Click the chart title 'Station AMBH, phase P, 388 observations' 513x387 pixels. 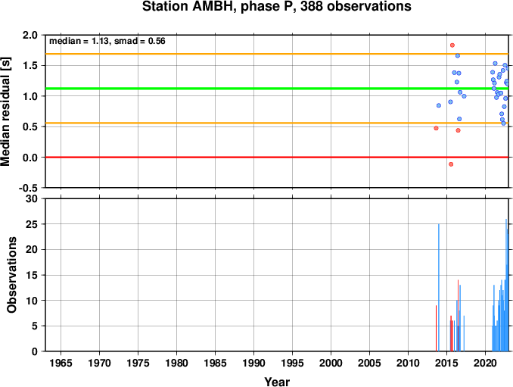(x=276, y=7)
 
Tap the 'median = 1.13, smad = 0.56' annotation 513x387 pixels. (x=107, y=41)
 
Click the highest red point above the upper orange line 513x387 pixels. (x=452, y=45)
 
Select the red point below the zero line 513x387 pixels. (x=451, y=164)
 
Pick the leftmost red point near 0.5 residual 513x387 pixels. (x=436, y=128)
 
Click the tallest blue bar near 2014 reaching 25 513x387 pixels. (x=439, y=288)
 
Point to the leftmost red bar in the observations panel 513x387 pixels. (x=436, y=328)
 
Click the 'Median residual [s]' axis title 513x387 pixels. (x=5, y=111)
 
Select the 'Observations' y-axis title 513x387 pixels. (x=11, y=275)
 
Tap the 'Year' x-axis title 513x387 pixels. (x=277, y=382)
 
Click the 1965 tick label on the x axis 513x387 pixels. (x=61, y=363)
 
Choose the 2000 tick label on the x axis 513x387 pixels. (x=331, y=363)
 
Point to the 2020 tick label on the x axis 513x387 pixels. (x=485, y=363)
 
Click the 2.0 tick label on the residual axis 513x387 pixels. (x=30, y=35)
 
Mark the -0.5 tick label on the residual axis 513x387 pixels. (x=28, y=188)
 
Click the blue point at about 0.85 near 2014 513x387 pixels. (x=439, y=105)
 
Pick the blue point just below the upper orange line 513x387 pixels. (x=458, y=55)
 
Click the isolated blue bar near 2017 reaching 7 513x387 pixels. (x=464, y=333)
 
